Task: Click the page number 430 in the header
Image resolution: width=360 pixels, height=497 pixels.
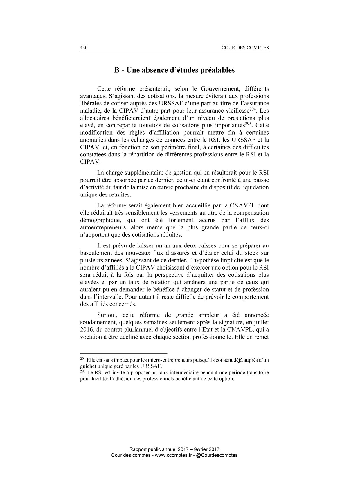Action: [x=84, y=48]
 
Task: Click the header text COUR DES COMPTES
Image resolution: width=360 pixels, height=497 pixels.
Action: [x=245, y=48]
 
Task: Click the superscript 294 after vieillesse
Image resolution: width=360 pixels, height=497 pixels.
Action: [x=253, y=109]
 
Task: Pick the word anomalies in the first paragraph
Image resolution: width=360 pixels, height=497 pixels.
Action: [x=91, y=140]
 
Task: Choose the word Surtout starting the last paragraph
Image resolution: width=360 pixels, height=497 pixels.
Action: [x=107, y=315]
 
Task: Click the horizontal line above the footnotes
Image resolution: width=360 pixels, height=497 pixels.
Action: [x=124, y=354]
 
